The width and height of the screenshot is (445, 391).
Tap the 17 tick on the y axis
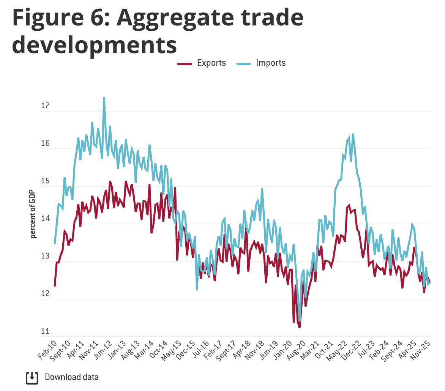46,106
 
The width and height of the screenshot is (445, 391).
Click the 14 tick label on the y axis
46,219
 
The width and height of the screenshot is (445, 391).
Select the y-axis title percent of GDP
33,214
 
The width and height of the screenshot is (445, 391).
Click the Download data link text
72,377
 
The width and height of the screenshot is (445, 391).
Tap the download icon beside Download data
32,377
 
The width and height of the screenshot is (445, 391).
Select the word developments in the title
95,45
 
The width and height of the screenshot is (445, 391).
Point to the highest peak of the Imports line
104,98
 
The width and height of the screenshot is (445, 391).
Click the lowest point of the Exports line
299,327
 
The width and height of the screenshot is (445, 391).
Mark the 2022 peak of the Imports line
353,134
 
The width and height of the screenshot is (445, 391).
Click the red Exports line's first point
55,286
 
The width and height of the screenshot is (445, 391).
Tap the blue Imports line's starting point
55,243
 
